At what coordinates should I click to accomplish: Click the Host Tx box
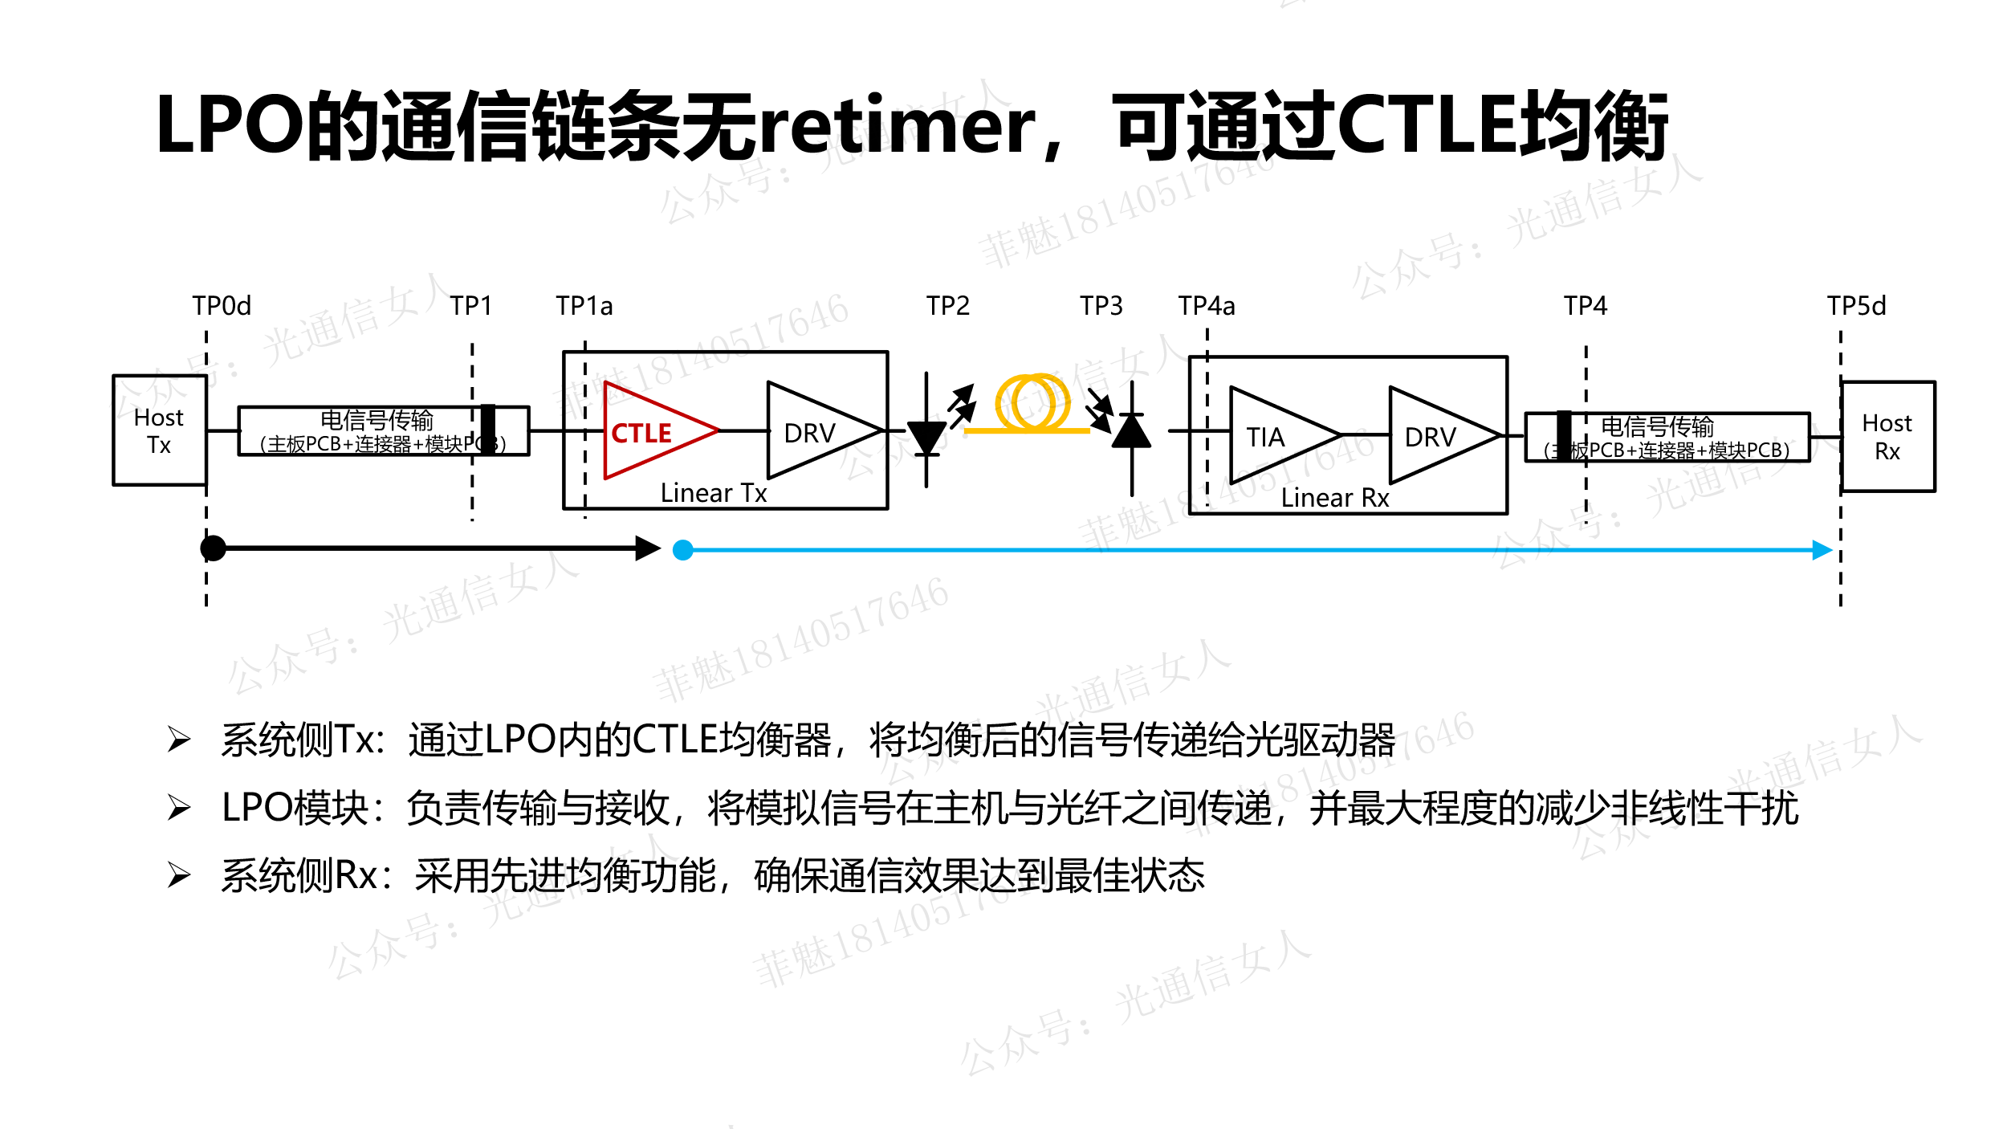[159, 430]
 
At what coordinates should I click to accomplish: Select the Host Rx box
[1887, 437]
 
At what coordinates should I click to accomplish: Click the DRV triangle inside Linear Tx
[815, 432]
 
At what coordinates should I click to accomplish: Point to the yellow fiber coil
[1032, 403]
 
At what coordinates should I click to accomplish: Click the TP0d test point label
[222, 306]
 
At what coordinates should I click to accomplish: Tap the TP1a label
[584, 306]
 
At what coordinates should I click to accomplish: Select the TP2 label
[948, 306]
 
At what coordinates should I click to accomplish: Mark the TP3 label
[1101, 306]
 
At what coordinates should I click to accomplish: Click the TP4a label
[1207, 306]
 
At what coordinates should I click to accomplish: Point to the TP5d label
[1856, 306]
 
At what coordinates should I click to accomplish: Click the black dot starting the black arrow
[214, 548]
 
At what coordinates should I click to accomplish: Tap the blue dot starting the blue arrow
[683, 550]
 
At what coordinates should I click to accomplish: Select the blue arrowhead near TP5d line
[1822, 550]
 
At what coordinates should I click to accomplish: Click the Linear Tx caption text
[714, 493]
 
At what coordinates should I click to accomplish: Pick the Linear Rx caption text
[1334, 498]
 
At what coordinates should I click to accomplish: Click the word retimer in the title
[898, 126]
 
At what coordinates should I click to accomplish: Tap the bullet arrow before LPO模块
[179, 807]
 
